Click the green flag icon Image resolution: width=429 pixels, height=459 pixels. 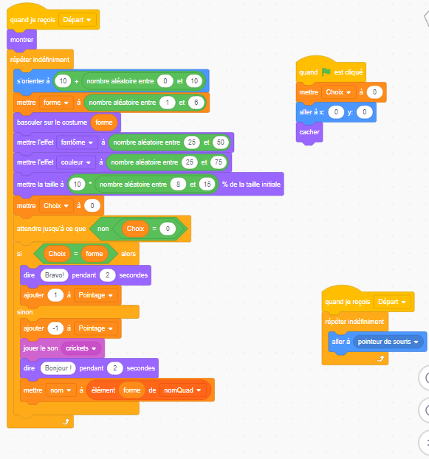pos(326,72)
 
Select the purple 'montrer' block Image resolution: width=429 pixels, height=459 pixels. pos(21,40)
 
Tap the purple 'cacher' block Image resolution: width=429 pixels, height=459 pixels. pos(309,132)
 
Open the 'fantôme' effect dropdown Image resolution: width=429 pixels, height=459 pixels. pos(77,142)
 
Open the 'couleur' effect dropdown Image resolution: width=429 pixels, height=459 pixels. pos(76,162)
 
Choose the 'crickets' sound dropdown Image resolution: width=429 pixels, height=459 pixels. pos(81,348)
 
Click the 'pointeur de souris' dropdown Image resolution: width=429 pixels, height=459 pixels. pos(388,342)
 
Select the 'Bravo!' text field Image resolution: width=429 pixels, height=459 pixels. pos(54,275)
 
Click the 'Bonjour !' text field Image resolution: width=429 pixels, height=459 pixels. pos(58,368)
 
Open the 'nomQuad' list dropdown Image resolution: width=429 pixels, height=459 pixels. pos(182,390)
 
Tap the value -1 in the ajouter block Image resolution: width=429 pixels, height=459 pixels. pos(55,328)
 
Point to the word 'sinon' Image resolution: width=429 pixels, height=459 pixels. pos(24,312)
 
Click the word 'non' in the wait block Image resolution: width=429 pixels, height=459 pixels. pos(103,229)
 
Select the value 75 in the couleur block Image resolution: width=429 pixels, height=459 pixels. pos(218,162)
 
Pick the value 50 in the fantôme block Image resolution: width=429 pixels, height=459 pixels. pos(221,142)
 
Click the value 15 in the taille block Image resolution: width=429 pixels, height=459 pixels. pos(207,184)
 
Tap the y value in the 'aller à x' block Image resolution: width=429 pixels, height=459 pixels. pos(364,112)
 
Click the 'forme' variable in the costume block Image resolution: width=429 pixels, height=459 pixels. pos(103,122)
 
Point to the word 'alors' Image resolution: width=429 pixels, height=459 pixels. pos(128,254)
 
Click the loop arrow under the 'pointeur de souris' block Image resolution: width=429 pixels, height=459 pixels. pos(380,359)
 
